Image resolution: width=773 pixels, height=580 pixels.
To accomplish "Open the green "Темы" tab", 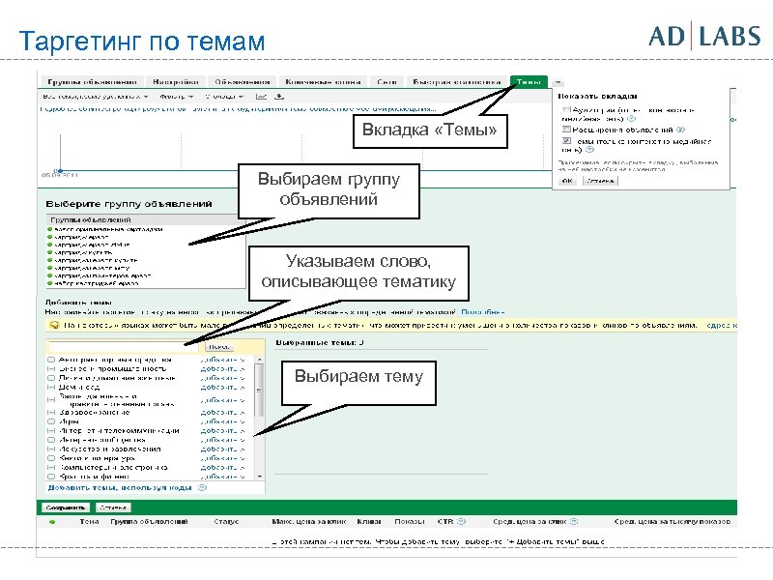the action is (530, 81).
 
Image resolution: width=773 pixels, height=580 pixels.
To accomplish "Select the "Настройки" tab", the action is (177, 81).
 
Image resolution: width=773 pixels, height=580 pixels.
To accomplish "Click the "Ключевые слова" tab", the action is (311, 81).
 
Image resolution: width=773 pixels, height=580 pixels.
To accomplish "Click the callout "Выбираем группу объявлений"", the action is (329, 189).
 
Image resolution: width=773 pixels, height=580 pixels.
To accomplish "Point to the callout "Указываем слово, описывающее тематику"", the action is (358, 274).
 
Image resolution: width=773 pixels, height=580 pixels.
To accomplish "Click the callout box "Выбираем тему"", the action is (358, 377).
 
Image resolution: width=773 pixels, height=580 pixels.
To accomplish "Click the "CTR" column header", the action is (445, 522).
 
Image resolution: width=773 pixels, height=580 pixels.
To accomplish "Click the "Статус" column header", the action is (227, 522).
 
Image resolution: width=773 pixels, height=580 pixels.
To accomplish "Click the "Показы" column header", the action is (409, 522).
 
